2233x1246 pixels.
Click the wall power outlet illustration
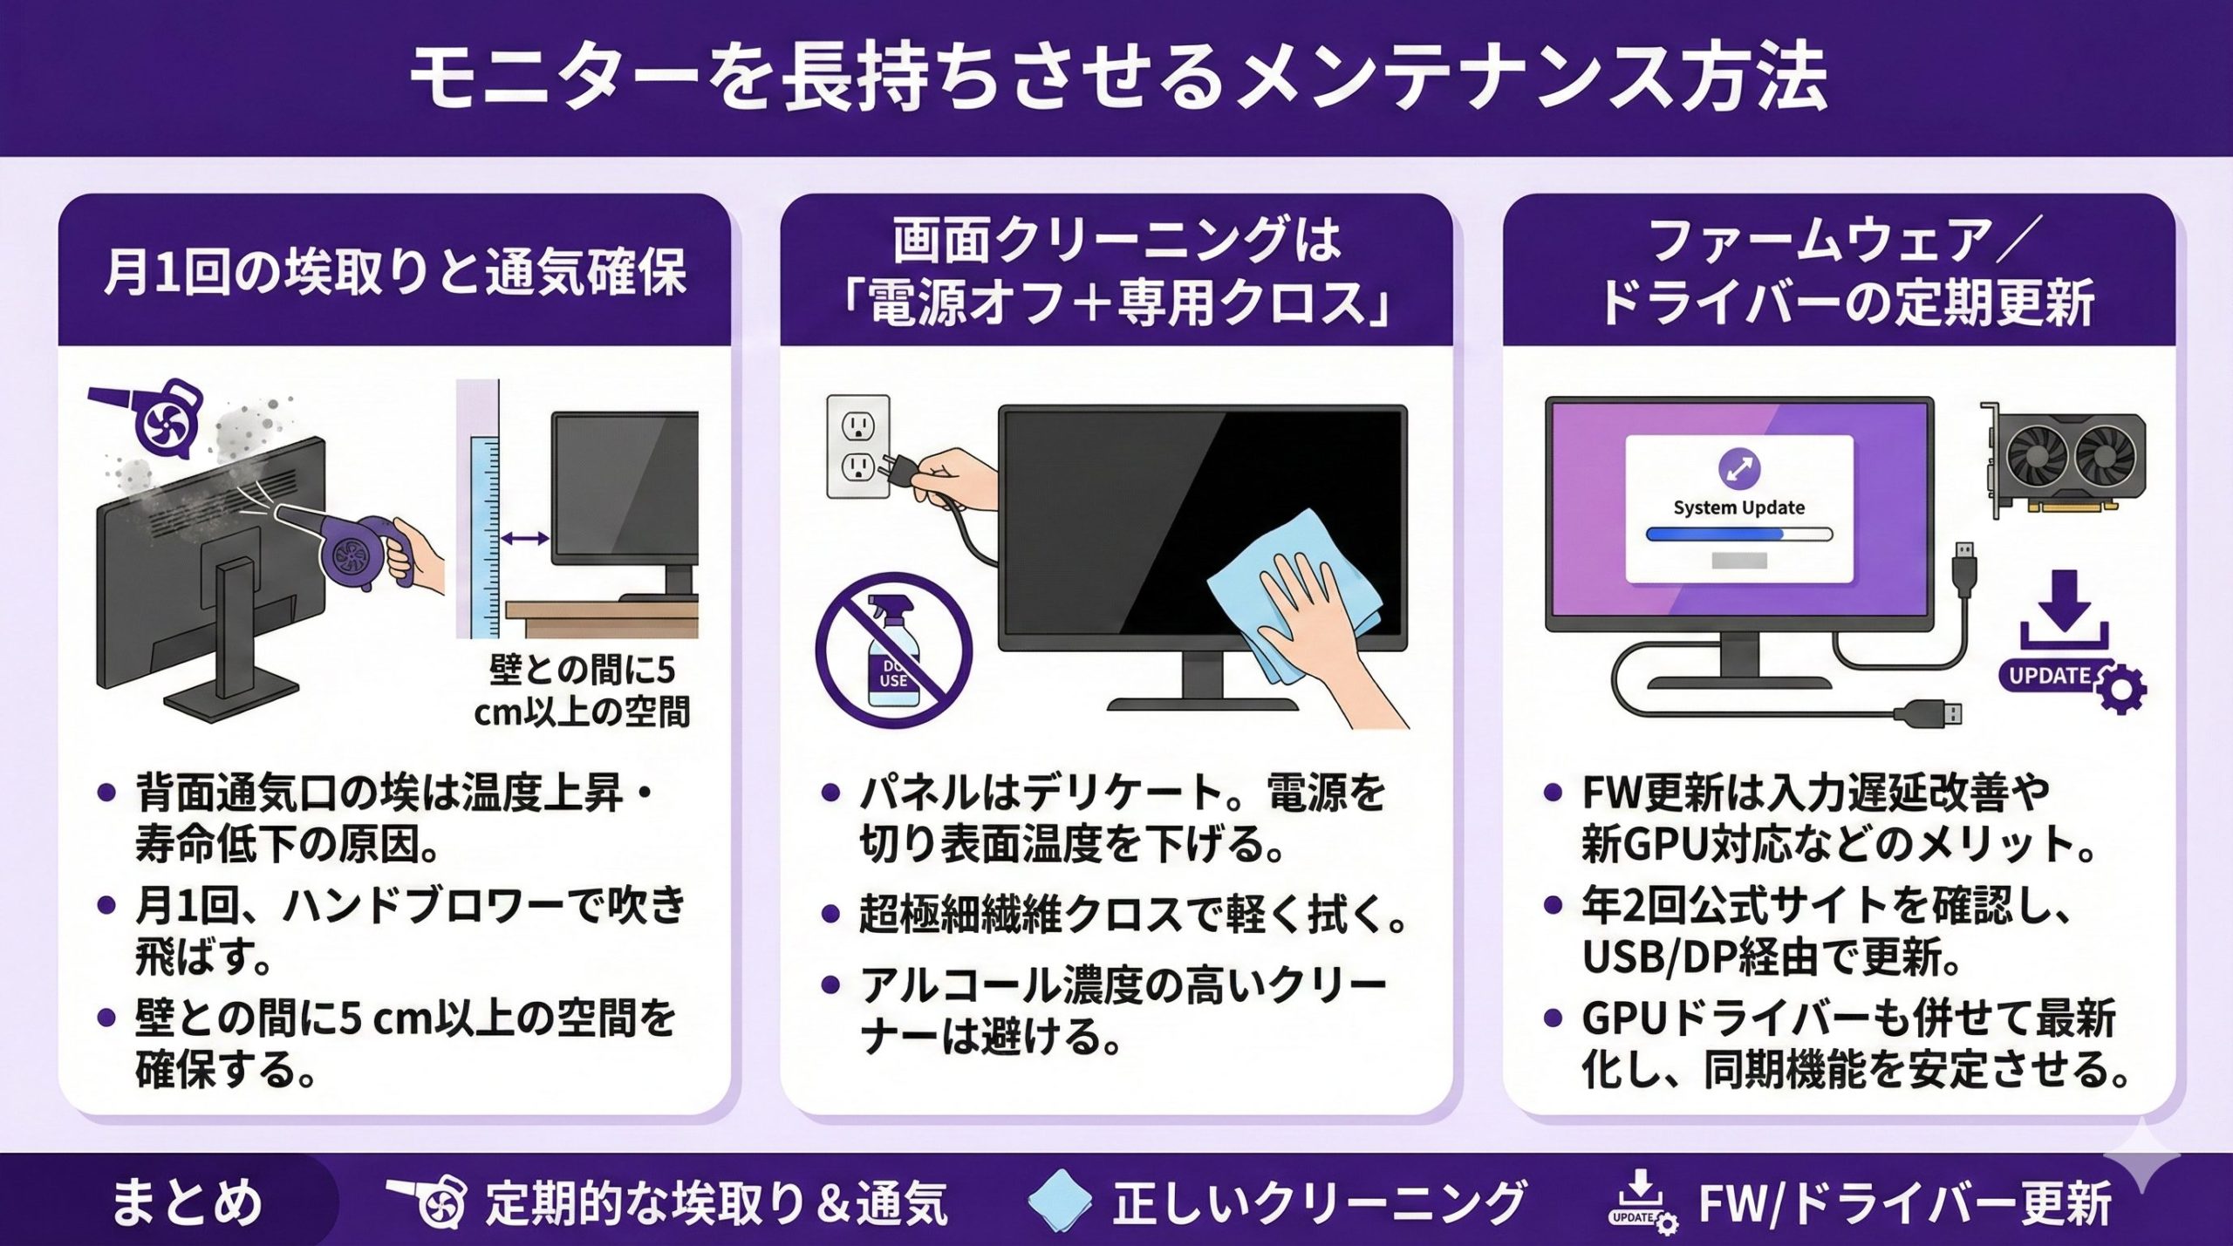858,446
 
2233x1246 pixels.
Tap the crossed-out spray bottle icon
893,650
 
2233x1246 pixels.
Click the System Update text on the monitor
1738,507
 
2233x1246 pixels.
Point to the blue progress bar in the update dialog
1738,534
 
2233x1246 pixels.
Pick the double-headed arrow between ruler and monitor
525,539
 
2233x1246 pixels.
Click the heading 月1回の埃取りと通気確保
395,272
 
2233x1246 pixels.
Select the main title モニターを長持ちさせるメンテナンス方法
1117,78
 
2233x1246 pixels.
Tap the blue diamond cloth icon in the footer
1059,1202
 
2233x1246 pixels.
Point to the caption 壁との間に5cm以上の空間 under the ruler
582,691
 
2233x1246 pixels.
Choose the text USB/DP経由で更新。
1771,957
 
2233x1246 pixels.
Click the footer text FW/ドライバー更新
1905,1204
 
